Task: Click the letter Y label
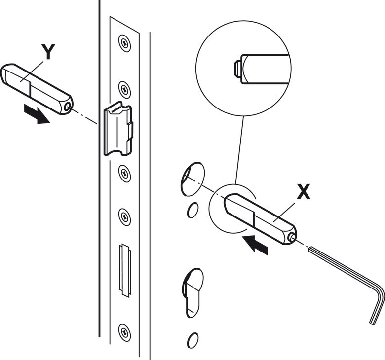pos(48,51)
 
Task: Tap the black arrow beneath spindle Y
pos(37,114)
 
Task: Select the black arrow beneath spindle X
pos(256,244)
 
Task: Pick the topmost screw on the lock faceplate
pos(124,43)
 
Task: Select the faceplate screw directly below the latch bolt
pos(124,173)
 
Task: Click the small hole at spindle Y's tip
pos(68,105)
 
